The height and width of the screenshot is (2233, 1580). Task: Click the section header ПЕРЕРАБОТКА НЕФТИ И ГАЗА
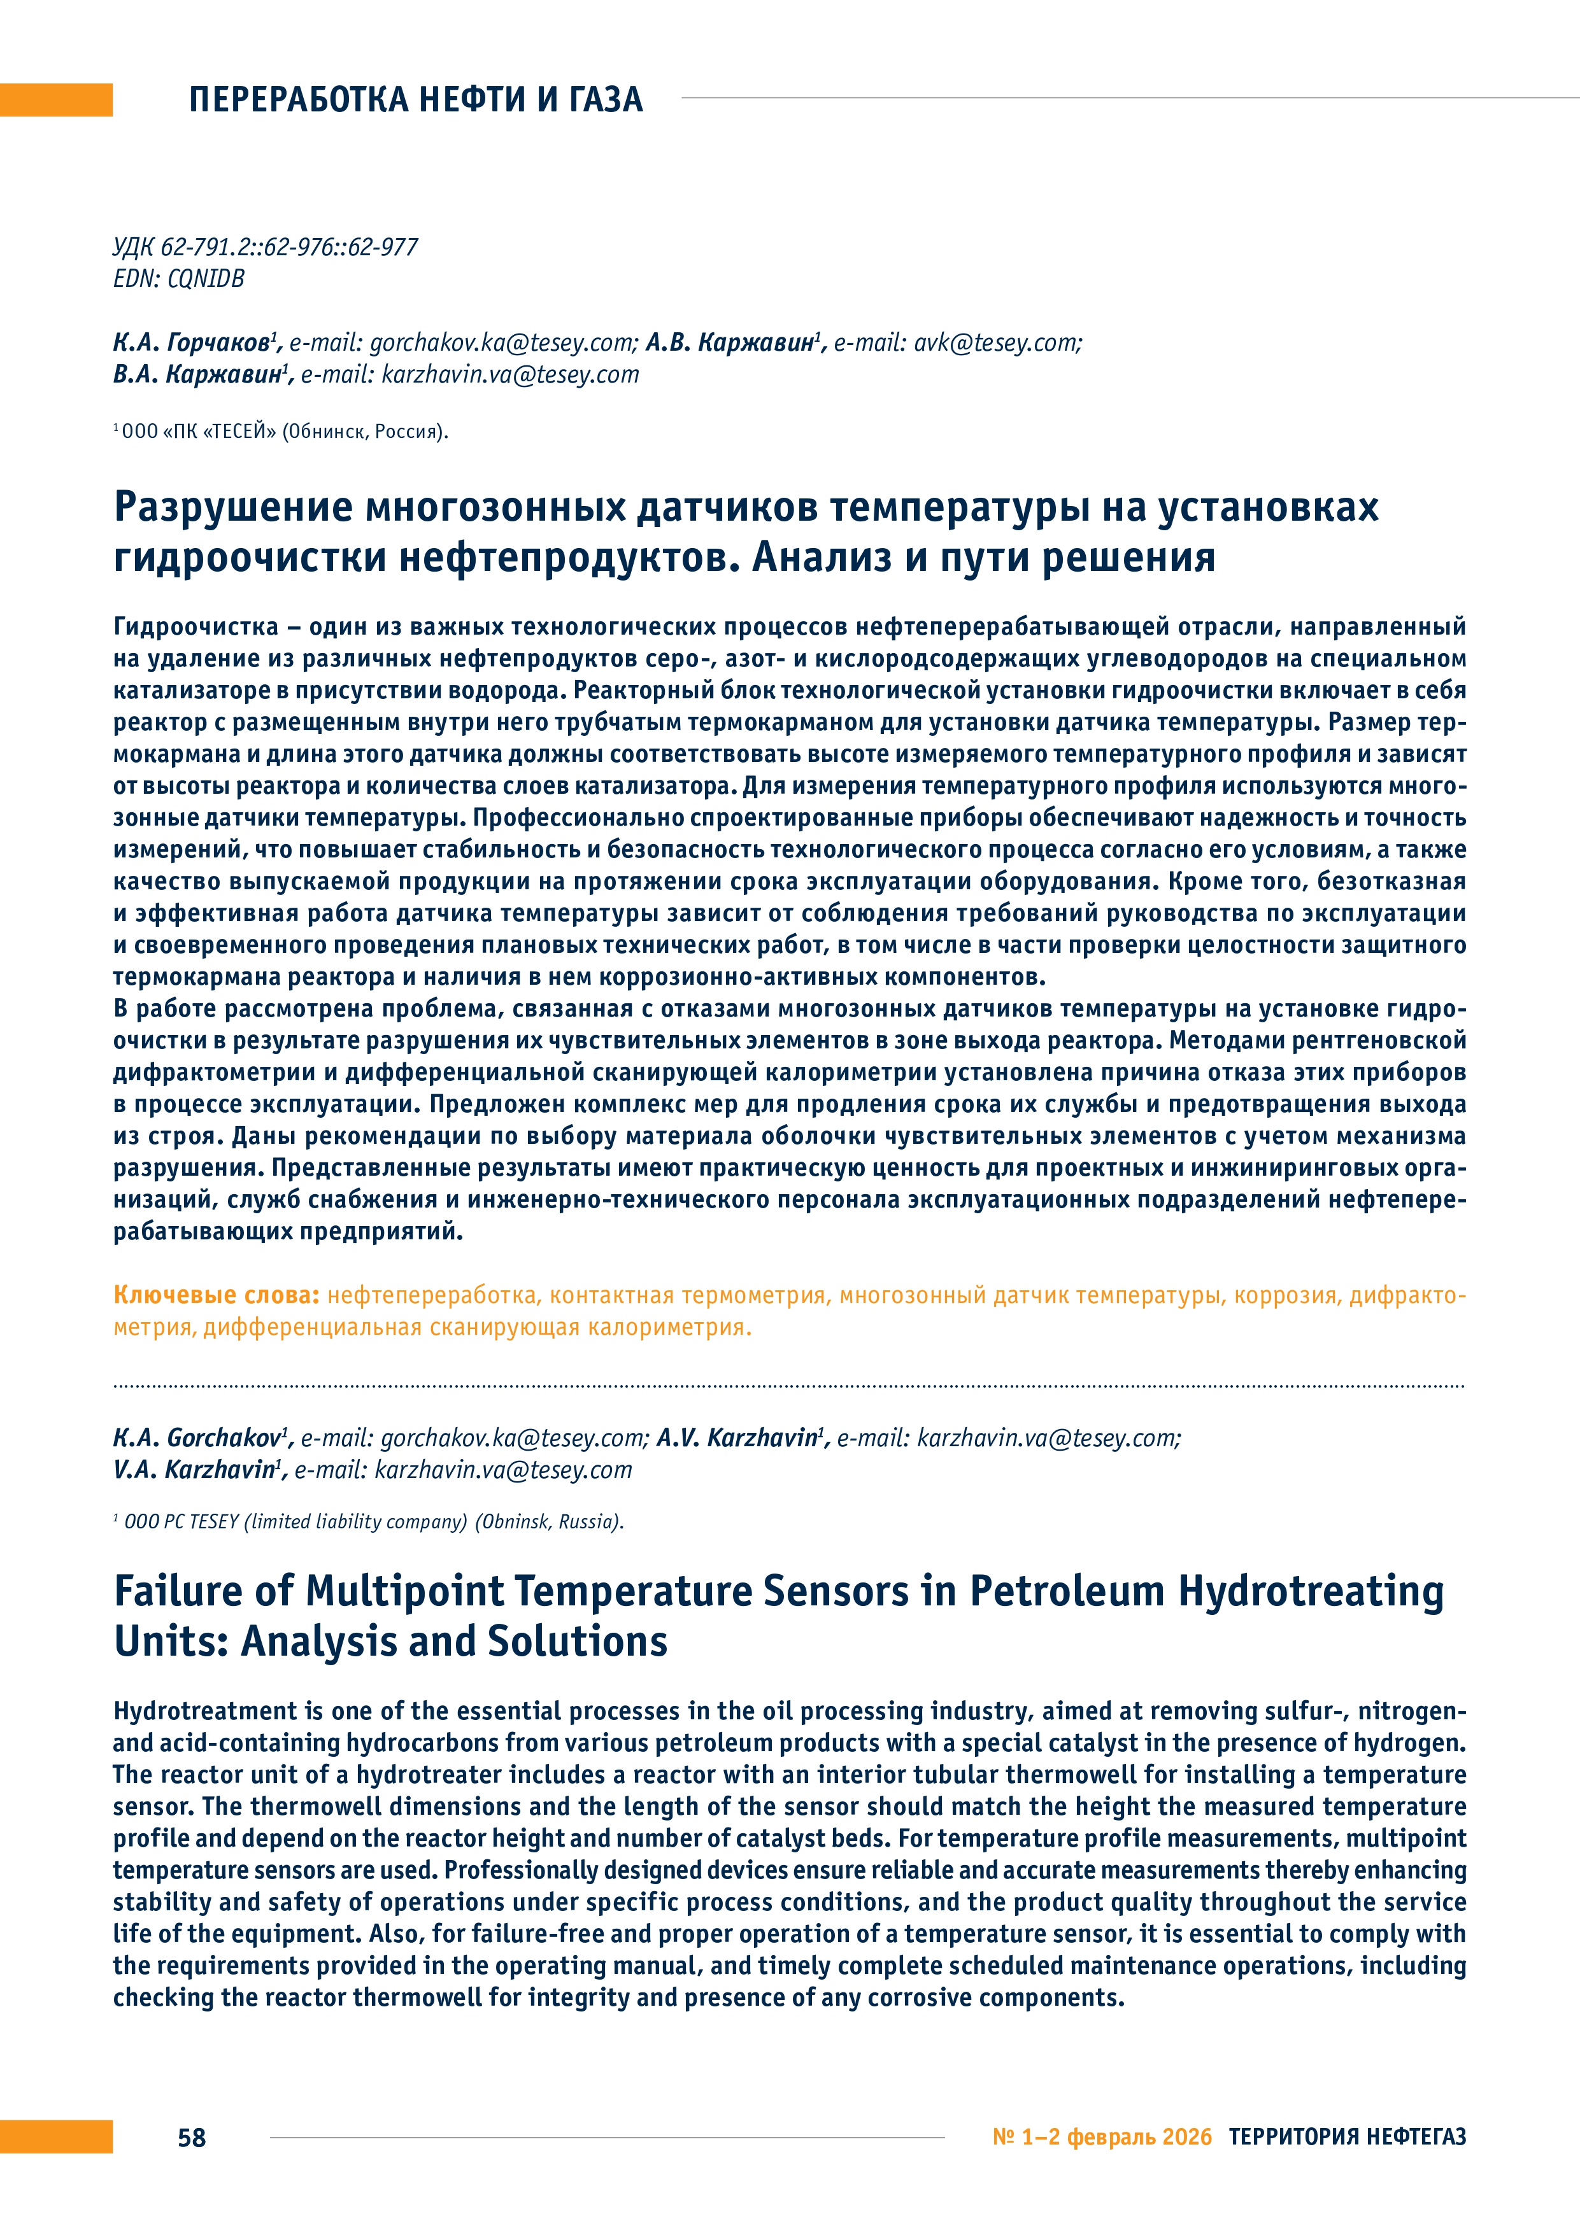(415, 99)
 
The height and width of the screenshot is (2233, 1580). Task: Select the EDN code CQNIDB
(205, 279)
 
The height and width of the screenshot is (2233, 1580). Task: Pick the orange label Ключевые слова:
(216, 1295)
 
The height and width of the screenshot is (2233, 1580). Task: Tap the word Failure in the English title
(176, 1591)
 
